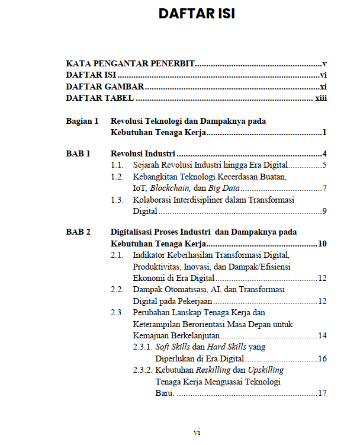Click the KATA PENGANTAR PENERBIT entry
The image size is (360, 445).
point(130,63)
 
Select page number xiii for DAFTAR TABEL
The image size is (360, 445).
point(320,98)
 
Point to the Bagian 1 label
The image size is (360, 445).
point(82,121)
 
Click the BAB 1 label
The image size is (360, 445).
point(78,153)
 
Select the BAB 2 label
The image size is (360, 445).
point(78,232)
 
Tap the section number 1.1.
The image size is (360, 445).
point(117,165)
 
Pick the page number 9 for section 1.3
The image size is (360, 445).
point(324,211)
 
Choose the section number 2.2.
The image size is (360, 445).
point(117,290)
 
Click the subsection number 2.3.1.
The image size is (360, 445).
point(143,347)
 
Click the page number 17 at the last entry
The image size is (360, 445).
point(322,393)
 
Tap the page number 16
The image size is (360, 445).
point(322,358)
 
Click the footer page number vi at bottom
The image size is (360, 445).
point(197,432)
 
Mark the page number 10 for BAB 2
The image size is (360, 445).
point(322,244)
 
